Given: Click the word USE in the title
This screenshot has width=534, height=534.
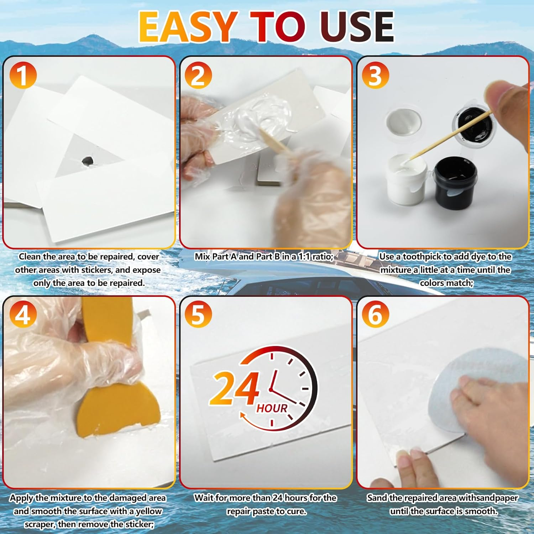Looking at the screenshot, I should coord(357,27).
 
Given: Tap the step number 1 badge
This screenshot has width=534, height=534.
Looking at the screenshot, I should coord(23,75).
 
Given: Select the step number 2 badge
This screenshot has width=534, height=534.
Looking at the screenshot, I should coord(198,75).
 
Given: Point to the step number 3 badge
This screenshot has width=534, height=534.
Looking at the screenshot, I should coord(375,75).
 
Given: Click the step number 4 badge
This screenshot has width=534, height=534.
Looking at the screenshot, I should coord(23,315).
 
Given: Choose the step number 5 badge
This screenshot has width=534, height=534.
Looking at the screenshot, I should coord(198,315).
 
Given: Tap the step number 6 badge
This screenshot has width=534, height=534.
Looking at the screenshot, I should coord(375,315).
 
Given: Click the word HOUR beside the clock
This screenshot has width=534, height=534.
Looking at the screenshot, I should coord(272,408).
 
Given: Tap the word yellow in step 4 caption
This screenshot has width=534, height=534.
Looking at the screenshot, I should coord(148,511).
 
